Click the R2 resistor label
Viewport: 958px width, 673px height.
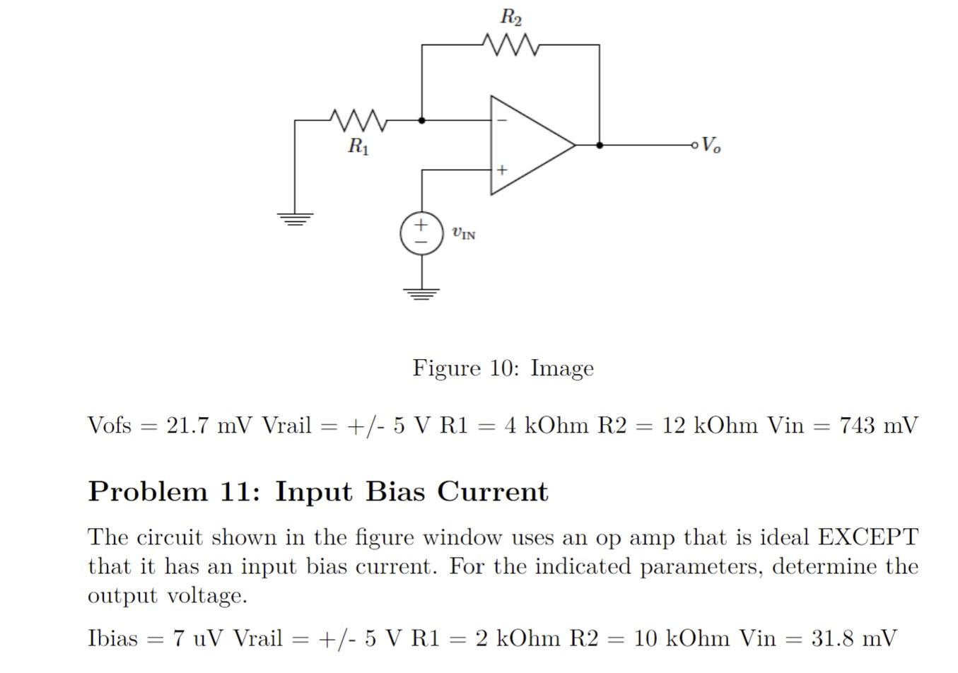[510, 17]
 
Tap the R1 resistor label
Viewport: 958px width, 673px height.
[358, 147]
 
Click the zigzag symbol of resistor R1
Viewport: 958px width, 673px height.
[358, 121]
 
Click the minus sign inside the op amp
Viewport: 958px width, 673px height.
[502, 121]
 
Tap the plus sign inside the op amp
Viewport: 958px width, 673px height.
[502, 170]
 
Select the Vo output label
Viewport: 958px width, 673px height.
[711, 145]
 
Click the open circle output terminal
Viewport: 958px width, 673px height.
[695, 145]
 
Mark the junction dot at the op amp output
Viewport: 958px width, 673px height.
[600, 145]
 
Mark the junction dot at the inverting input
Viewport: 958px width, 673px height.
[422, 121]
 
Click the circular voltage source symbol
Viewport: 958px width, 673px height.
[421, 233]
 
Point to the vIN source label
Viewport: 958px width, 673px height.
[464, 233]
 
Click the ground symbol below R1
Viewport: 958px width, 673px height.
[295, 218]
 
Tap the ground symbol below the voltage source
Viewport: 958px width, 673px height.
[421, 293]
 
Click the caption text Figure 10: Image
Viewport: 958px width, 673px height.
[503, 368]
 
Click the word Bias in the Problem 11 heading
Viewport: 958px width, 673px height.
[396, 491]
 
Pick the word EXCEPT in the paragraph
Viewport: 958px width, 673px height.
[868, 537]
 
